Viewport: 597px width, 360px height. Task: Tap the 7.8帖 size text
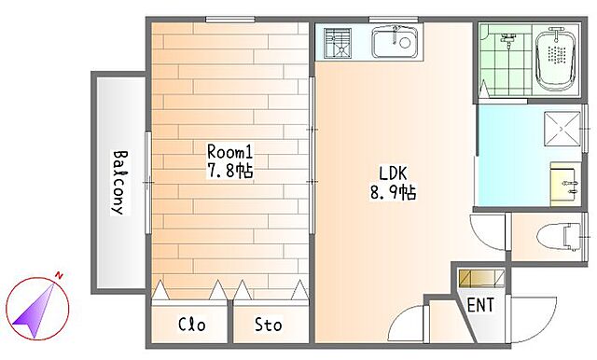click(229, 171)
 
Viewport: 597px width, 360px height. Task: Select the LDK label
click(393, 173)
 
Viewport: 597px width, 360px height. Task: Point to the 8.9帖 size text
click(393, 192)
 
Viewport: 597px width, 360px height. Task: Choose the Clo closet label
click(192, 325)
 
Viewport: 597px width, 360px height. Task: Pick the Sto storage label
click(269, 325)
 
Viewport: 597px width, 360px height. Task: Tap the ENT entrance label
click(480, 305)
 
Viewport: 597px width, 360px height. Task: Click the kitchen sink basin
click(396, 42)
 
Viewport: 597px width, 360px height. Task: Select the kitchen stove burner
click(338, 43)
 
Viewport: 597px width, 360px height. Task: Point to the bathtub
click(556, 61)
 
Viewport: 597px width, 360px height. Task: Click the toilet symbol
click(559, 237)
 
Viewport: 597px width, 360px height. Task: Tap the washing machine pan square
click(562, 129)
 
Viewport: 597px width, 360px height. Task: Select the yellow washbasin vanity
click(565, 184)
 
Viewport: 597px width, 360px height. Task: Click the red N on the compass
click(59, 275)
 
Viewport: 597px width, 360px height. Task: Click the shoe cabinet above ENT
click(481, 278)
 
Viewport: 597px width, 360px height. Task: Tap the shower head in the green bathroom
click(508, 39)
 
